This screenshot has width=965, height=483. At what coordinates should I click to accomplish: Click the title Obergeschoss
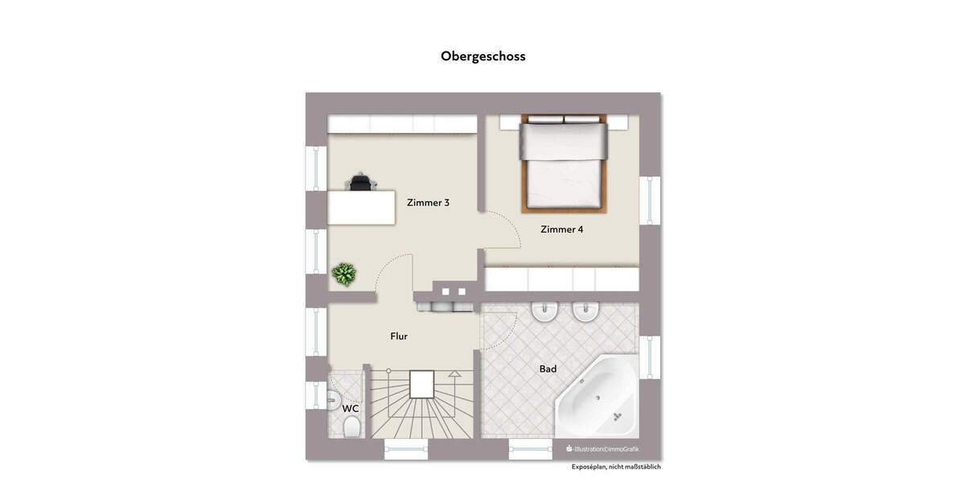point(482,56)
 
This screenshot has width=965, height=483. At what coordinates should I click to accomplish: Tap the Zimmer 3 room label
point(428,203)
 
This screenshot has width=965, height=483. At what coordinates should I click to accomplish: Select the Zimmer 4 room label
point(561,229)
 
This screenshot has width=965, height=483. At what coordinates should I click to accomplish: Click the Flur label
point(399,336)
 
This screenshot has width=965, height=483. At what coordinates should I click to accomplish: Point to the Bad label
point(548,369)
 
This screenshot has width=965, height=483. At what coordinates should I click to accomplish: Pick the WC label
point(351,409)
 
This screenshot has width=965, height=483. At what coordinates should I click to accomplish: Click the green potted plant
point(344,275)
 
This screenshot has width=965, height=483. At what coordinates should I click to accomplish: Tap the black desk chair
point(361,182)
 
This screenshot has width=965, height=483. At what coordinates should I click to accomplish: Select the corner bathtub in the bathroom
point(597,397)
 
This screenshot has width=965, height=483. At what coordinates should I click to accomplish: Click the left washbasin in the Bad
point(545,312)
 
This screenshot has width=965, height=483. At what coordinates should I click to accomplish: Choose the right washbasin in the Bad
point(585,312)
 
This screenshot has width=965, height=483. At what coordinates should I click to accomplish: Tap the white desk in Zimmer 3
point(361,208)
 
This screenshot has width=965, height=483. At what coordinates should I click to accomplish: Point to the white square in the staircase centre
point(421,384)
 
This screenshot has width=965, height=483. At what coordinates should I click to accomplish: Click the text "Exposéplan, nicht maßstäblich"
point(616,467)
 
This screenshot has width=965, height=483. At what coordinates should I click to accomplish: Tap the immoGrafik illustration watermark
point(603,449)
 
